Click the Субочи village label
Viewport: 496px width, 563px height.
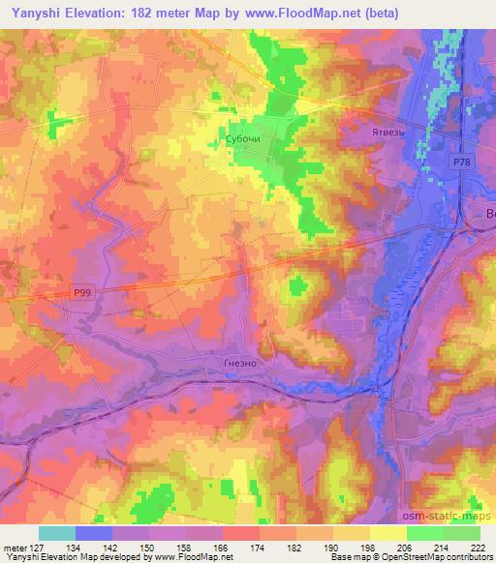coord(242,139)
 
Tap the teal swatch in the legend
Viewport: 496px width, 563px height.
coord(56,532)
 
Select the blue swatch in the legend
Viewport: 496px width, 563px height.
coord(93,532)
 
